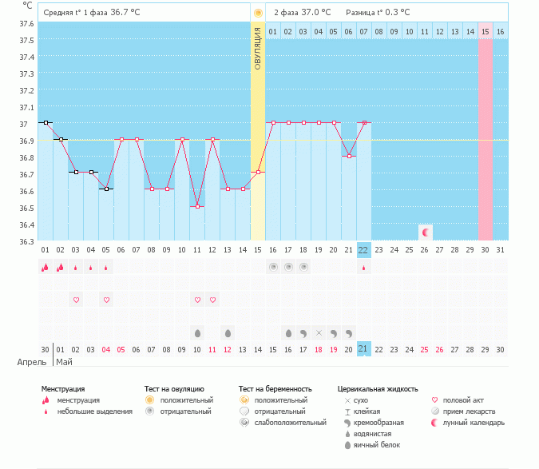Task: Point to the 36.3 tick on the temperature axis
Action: tap(26, 241)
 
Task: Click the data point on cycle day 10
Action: tap(197, 206)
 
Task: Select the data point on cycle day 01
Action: tap(46, 122)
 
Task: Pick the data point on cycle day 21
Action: tap(348, 156)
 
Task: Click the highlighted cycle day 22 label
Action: tap(363, 250)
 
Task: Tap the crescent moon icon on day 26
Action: tap(425, 233)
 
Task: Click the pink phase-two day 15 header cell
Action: tap(485, 31)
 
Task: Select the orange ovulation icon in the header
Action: tap(258, 14)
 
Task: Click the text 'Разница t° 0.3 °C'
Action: tap(378, 13)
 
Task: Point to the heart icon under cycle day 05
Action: tap(106, 300)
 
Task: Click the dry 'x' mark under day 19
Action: tap(319, 332)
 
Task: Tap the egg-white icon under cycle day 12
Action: tap(228, 332)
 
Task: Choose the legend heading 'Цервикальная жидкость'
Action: tap(378, 389)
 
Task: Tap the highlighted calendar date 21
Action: tap(363, 348)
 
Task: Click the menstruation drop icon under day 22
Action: tap(363, 268)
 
